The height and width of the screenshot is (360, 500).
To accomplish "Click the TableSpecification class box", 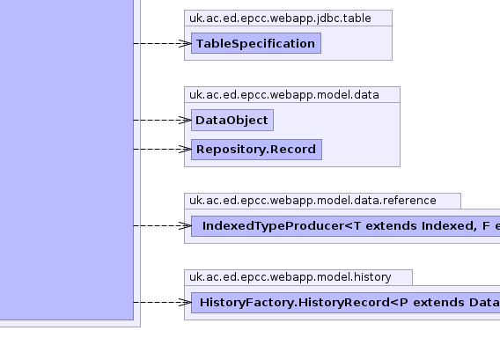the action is coord(256,43).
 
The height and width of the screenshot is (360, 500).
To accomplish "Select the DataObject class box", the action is coord(232,120).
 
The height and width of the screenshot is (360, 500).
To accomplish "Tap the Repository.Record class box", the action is coord(256,150).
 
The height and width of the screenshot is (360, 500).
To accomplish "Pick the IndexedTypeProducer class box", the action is coord(346,226).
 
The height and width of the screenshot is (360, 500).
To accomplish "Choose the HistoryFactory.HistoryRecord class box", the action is coord(346,303).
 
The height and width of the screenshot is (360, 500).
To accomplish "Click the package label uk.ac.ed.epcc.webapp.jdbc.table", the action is coord(280,18).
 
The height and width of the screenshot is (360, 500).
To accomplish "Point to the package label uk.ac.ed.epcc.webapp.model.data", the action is coord(284,95).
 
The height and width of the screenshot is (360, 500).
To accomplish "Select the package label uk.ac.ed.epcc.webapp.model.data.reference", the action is coord(312,201).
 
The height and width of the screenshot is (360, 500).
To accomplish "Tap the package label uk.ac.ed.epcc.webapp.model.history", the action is coord(290,277).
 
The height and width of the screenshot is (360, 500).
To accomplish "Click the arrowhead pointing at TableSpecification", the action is coord(185,43).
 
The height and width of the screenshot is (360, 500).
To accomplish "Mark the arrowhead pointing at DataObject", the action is coord(185,121).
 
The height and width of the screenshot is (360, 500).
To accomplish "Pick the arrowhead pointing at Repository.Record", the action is coord(185,150).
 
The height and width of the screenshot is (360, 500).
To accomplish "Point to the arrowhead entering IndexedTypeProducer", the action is coord(185,226).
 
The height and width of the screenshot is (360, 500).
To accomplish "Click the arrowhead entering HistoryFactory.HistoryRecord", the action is coord(185,303).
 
